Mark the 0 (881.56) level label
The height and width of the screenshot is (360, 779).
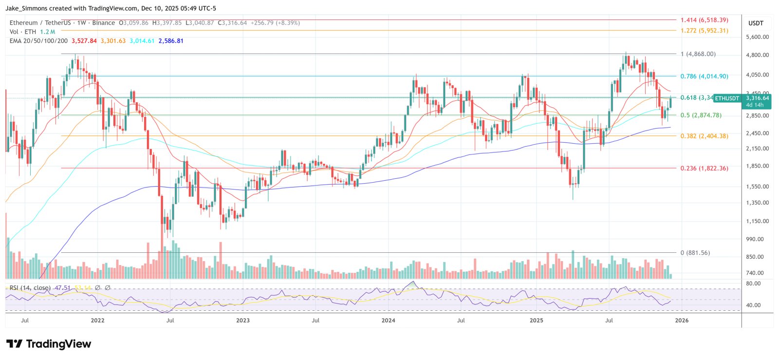point(695,253)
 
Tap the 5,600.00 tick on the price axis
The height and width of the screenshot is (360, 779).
point(757,37)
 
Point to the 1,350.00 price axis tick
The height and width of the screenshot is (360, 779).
point(757,203)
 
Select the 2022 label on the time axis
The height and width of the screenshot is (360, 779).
point(97,321)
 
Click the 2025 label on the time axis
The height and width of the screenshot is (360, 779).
point(536,321)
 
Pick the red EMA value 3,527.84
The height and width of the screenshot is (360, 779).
point(84,41)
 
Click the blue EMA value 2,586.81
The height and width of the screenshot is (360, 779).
point(171,41)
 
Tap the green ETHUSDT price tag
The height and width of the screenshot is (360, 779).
point(727,98)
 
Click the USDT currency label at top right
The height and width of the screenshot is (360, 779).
point(756,23)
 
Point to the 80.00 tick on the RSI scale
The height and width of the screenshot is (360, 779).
point(753,284)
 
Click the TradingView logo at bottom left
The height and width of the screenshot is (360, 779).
point(49,344)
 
